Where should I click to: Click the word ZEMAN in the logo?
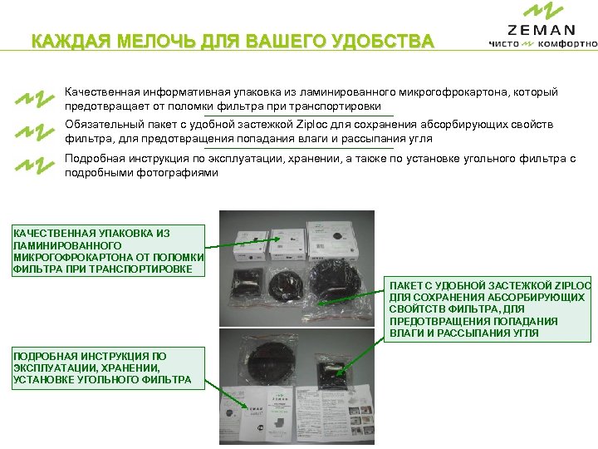[541, 30]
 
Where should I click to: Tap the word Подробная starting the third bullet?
[96, 157]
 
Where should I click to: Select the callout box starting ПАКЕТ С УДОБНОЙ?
[488, 308]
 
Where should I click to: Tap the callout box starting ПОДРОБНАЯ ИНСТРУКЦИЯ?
[103, 368]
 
